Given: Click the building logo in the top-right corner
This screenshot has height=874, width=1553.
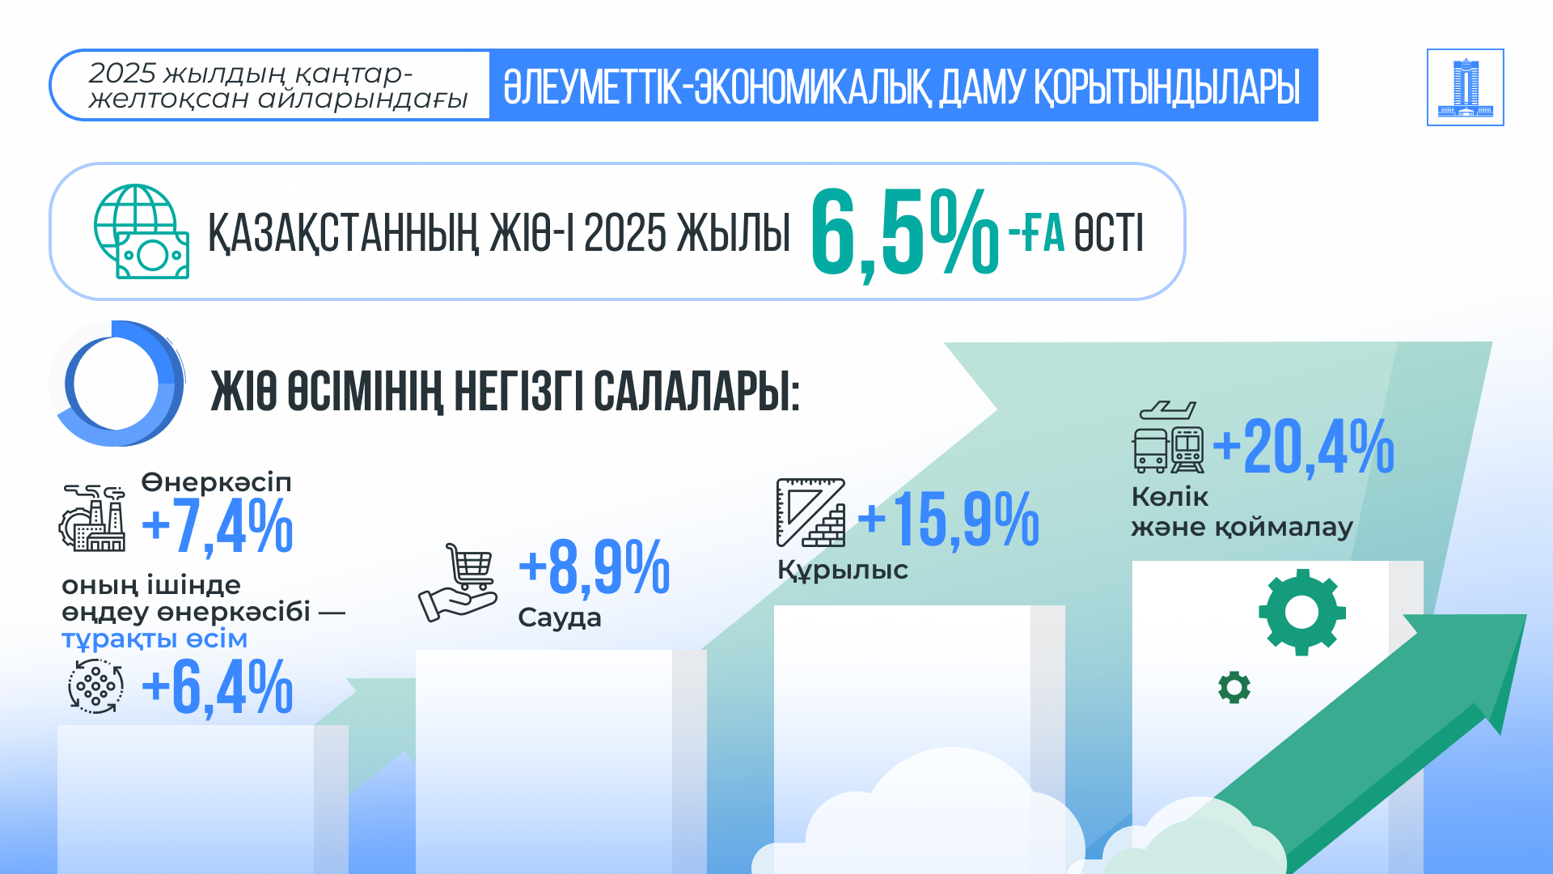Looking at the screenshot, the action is pos(1465,87).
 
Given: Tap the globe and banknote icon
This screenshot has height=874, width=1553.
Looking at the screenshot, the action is pos(142,231).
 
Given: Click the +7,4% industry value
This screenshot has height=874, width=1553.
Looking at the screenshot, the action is pos(217,527).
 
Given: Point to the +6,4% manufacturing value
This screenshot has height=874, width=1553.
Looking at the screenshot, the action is pos(217,688).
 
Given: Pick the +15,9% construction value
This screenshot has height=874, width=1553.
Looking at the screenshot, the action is pos(948,520).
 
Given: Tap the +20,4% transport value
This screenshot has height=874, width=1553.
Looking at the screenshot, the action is pos(1303,448).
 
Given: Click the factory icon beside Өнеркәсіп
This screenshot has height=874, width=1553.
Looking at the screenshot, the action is pos(92,518).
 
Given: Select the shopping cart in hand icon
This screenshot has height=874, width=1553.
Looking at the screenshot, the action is pos(458,583).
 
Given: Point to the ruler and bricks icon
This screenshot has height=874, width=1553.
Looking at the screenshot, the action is pos(810,512).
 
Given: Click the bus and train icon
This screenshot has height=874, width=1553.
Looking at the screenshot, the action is pos(1168,437).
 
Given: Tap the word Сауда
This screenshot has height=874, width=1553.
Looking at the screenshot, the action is pos(560,618).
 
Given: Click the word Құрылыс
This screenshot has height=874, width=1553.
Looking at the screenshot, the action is pos(843,570).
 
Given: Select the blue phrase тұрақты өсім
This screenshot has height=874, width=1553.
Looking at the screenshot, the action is pos(154,639).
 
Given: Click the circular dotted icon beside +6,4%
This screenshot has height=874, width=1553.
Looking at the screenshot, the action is pos(96,686).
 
